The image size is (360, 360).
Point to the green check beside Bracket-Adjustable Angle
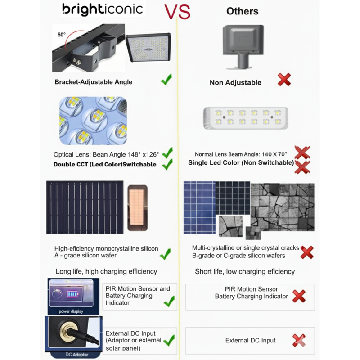(x=166, y=81)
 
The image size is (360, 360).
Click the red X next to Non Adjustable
(x=284, y=81)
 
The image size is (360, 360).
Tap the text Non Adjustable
(x=235, y=82)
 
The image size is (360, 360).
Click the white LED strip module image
(x=245, y=118)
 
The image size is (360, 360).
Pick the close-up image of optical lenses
(x=93, y=120)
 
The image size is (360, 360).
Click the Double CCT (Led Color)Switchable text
(x=105, y=165)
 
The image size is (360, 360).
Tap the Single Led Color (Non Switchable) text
(x=241, y=163)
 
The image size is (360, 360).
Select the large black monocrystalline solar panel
(x=85, y=207)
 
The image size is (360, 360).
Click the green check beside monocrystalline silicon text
(x=165, y=254)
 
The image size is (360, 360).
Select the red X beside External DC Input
(x=299, y=340)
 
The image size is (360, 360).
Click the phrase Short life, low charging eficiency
(x=245, y=271)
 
